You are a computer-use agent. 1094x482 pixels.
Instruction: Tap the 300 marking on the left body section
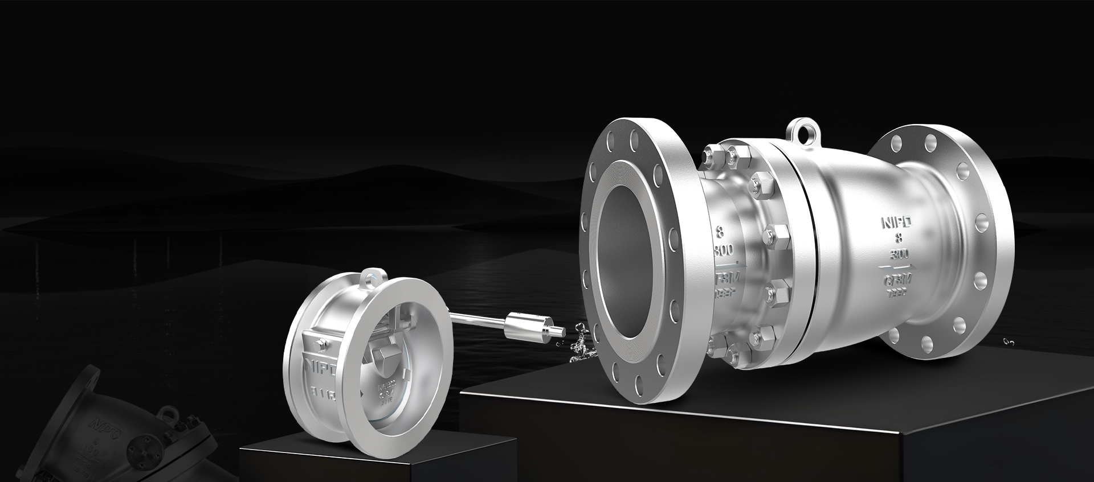click(x=722, y=250)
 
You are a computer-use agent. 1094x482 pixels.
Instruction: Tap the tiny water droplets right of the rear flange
click(x=1009, y=342)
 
